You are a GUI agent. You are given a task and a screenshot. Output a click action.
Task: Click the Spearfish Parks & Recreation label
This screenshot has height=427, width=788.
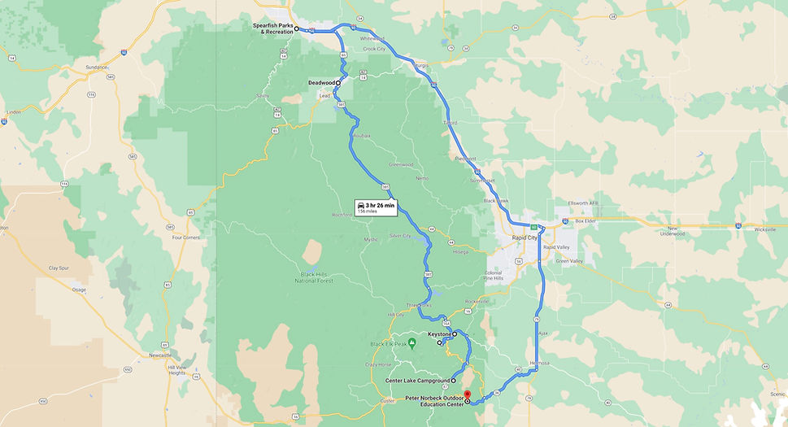272,28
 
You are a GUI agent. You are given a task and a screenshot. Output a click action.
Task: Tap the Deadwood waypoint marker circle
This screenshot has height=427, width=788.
338,83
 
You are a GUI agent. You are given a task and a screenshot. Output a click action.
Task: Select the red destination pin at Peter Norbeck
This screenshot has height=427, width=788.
468,395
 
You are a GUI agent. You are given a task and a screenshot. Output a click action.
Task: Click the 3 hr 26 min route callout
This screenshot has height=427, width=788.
375,207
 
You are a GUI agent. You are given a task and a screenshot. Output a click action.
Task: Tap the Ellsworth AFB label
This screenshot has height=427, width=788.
582,203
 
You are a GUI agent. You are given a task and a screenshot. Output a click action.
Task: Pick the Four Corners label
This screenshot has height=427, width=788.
186,237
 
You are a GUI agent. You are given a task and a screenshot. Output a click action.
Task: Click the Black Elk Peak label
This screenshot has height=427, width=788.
388,343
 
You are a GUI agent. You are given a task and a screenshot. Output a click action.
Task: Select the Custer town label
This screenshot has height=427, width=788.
386,400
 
